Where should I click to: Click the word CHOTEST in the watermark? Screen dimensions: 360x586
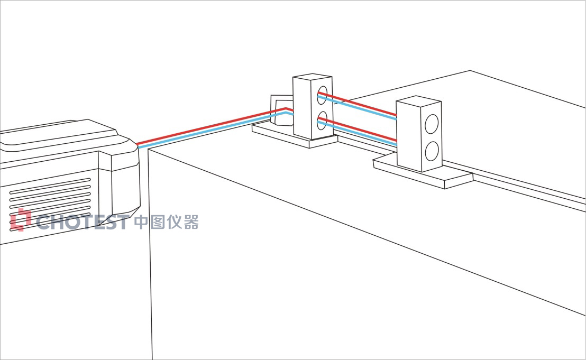83,222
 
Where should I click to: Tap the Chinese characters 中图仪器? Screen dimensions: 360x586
166,222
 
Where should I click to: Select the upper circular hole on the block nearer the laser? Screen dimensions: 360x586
323,96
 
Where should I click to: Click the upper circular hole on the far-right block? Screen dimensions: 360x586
432,124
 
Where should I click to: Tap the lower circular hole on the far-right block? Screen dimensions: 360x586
432,151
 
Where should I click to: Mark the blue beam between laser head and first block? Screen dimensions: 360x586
212,131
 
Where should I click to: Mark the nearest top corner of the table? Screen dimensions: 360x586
148,150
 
